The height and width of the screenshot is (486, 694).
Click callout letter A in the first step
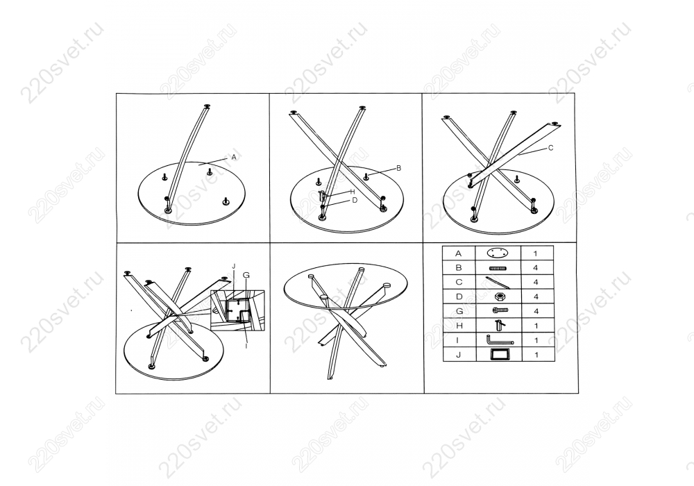click(x=234, y=157)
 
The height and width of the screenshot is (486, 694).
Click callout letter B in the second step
click(x=398, y=168)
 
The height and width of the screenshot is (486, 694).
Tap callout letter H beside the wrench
click(x=353, y=192)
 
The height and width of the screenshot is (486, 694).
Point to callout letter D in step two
click(x=355, y=200)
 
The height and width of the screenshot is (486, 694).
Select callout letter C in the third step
click(x=550, y=148)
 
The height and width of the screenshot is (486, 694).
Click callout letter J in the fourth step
click(x=233, y=266)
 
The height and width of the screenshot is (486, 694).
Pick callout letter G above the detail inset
click(x=246, y=276)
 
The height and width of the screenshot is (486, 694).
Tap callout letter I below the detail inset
click(x=246, y=346)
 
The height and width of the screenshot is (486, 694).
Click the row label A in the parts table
click(x=459, y=253)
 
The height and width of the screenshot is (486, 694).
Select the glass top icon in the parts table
click(x=498, y=253)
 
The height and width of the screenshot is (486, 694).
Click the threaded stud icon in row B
click(x=498, y=268)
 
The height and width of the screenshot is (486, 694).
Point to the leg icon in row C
click(x=497, y=283)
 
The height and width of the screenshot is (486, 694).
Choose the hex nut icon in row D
click(x=498, y=296)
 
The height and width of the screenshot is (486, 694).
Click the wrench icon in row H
click(x=499, y=326)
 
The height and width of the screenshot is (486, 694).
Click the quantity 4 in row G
click(x=536, y=311)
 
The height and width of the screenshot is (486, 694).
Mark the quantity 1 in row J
click(x=536, y=355)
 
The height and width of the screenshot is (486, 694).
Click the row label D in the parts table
click(x=459, y=296)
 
